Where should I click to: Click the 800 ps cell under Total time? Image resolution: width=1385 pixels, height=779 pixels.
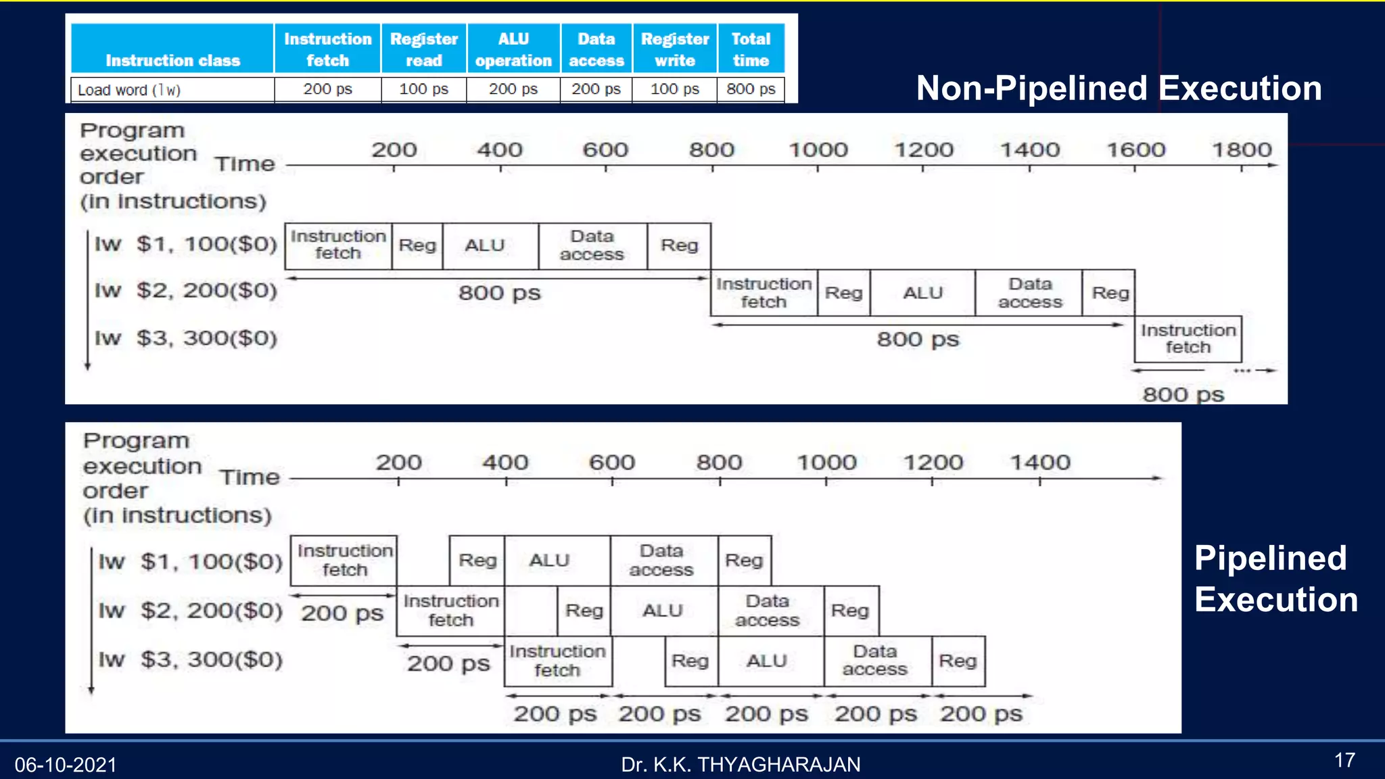coord(751,89)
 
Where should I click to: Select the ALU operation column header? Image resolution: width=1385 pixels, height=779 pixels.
coord(513,49)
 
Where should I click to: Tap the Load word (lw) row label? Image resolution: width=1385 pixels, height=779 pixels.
coord(129,90)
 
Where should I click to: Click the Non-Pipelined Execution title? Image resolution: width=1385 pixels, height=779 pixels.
coord(1119,89)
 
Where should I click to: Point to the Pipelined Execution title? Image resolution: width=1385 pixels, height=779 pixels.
coord(1275,579)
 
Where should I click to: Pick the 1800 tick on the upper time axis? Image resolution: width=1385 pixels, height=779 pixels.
coord(1242,150)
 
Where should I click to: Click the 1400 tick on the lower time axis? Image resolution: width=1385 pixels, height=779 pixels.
coord(1040,463)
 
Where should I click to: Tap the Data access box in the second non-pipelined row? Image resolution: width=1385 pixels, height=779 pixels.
coord(1029,293)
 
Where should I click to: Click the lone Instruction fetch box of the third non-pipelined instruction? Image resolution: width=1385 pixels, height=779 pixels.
coord(1188,339)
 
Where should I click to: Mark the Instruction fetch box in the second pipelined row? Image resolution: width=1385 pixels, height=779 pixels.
coord(450,611)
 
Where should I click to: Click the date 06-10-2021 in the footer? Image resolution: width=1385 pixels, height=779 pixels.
coord(66,765)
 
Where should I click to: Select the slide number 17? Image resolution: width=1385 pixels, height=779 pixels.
coord(1344,761)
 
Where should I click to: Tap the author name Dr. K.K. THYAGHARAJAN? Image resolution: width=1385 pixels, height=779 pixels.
coord(741,765)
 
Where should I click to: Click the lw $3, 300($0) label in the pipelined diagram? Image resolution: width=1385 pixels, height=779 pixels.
coord(191,659)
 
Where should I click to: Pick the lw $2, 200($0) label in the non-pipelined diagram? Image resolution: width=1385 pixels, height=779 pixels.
coord(186,291)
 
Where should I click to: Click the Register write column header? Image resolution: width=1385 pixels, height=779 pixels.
coord(674,49)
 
